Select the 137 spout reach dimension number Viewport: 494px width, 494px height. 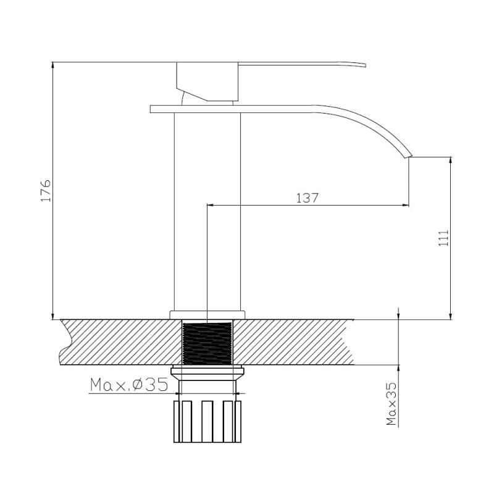(307, 198)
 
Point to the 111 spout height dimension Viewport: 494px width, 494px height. (443, 238)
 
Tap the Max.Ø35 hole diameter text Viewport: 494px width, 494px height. (129, 385)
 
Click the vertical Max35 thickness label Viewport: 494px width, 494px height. (390, 404)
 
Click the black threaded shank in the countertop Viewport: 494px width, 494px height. (207, 342)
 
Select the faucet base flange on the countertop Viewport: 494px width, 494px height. (207, 314)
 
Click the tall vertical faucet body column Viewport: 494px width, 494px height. (207, 210)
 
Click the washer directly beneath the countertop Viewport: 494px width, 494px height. (207, 372)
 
